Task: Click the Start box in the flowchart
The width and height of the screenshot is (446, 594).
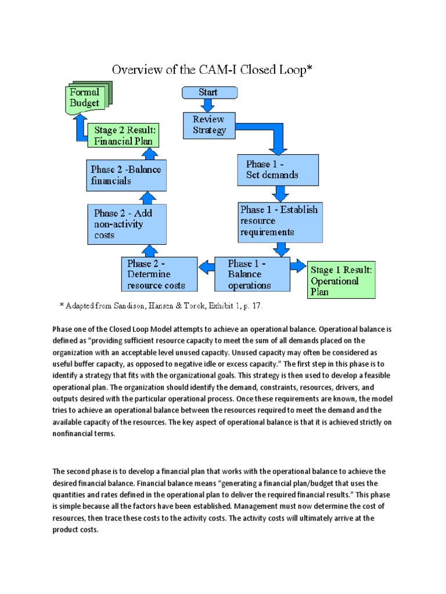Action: tap(208, 93)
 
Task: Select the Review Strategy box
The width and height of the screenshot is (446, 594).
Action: tap(209, 124)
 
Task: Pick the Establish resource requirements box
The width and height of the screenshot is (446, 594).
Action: tap(281, 221)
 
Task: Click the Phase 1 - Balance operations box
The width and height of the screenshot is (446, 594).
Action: tap(251, 274)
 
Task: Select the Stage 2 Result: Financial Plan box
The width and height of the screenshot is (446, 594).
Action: tap(123, 135)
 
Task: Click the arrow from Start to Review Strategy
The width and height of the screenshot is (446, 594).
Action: tap(208, 105)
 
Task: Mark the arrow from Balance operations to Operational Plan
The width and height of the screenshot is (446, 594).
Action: tap(297, 266)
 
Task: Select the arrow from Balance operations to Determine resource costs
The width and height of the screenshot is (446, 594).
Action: tap(206, 267)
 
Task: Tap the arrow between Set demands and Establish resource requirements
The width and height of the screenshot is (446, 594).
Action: tap(281, 192)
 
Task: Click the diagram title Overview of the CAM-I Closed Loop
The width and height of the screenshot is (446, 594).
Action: tap(213, 70)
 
